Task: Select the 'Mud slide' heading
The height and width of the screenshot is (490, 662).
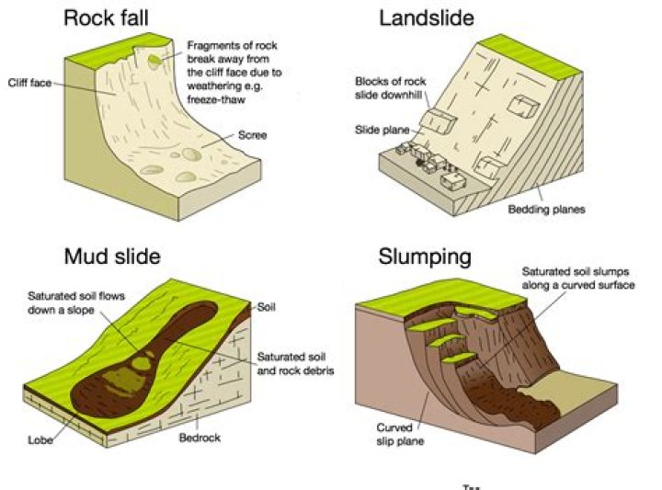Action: pyautogui.click(x=112, y=256)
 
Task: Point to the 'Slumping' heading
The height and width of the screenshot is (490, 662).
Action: pyautogui.click(x=425, y=256)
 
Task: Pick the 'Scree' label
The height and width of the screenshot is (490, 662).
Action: pyautogui.click(x=252, y=135)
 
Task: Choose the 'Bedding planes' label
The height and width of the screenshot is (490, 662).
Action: pyautogui.click(x=546, y=209)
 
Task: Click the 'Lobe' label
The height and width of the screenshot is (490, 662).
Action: pyautogui.click(x=40, y=439)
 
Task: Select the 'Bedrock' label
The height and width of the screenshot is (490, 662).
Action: pyautogui.click(x=200, y=436)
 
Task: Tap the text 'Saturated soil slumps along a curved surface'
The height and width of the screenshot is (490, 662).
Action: pyautogui.click(x=577, y=279)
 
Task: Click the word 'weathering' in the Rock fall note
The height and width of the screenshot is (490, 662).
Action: pyautogui.click(x=211, y=83)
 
